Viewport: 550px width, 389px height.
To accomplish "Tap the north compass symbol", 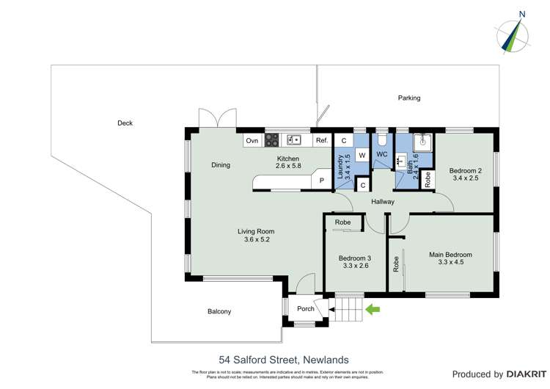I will pos(516,33).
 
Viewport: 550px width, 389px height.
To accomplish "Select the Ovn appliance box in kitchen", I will pos(252,140).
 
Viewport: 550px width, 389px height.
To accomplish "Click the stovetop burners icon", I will pos(272,140).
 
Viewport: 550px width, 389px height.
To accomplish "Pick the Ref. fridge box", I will pos(322,140).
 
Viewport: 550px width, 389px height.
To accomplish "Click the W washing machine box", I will pos(362,155).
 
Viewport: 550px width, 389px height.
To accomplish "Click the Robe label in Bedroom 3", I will pos(342,222).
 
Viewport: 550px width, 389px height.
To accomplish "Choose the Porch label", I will pos(305,309).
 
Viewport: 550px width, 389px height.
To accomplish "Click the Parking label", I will pos(409,98).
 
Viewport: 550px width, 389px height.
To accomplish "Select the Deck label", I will pos(125,123).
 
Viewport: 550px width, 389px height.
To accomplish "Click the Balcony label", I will pos(219,312).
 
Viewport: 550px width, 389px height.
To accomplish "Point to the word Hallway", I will pos(383,202).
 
